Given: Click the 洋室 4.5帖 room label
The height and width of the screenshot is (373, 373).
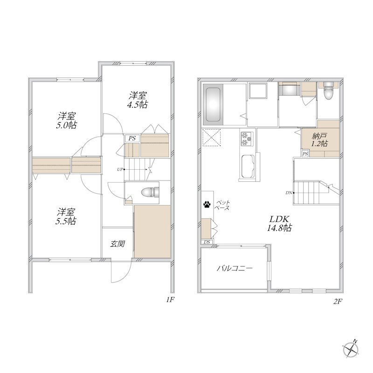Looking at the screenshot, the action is pyautogui.click(x=138, y=100).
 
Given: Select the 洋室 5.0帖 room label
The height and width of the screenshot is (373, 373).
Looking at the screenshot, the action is pyautogui.click(x=66, y=121).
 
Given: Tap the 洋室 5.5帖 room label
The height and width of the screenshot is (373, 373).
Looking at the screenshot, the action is pyautogui.click(x=66, y=216).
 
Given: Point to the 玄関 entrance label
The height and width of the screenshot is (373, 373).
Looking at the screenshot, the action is pyautogui.click(x=117, y=244).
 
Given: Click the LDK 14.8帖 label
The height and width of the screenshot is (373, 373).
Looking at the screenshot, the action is pyautogui.click(x=279, y=223).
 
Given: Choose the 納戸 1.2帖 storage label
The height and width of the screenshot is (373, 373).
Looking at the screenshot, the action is pyautogui.click(x=320, y=139).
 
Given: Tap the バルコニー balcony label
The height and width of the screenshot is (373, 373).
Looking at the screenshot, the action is pyautogui.click(x=235, y=269).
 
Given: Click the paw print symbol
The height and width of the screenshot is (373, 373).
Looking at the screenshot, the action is pyautogui.click(x=207, y=204).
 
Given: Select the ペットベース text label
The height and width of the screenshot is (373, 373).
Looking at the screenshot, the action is pyautogui.click(x=222, y=205).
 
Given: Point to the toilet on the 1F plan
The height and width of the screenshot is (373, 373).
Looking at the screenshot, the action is pyautogui.click(x=150, y=193).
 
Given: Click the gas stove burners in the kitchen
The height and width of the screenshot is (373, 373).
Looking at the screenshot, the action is pyautogui.click(x=247, y=138).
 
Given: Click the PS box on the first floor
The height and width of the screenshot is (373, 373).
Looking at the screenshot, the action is pyautogui.click(x=132, y=138).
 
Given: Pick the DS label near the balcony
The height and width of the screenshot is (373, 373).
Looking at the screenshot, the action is pyautogui.click(x=207, y=242).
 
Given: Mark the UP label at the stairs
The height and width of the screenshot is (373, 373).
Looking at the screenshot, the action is pyautogui.click(x=120, y=169).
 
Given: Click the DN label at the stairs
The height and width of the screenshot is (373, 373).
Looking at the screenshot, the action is pyautogui.click(x=289, y=193).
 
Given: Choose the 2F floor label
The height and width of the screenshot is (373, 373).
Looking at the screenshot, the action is pyautogui.click(x=338, y=302).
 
